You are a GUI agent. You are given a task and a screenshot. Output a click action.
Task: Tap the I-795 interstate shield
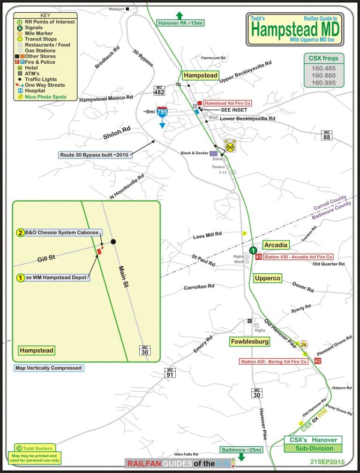point(162,112)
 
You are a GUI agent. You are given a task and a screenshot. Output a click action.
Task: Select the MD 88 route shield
point(327,135)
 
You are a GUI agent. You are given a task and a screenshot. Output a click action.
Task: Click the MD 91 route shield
point(170,373)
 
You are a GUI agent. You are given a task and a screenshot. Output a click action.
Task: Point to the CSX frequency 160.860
point(323,75)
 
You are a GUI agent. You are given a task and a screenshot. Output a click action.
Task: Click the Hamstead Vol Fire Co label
point(228,103)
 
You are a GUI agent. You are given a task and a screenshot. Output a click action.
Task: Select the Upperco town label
point(267,278)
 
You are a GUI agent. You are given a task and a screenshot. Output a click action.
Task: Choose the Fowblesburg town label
point(249,342)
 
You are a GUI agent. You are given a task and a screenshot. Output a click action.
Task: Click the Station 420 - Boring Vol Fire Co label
point(267,361)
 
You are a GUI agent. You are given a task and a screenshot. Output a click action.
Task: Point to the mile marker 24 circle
point(304,345)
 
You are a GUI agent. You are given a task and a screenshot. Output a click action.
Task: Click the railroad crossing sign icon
point(230,146)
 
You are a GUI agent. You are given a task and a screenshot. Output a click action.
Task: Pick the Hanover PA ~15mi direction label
point(180,22)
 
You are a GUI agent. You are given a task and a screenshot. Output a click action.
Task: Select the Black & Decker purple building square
point(213,153)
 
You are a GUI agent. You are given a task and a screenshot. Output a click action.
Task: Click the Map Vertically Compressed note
point(48,368)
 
